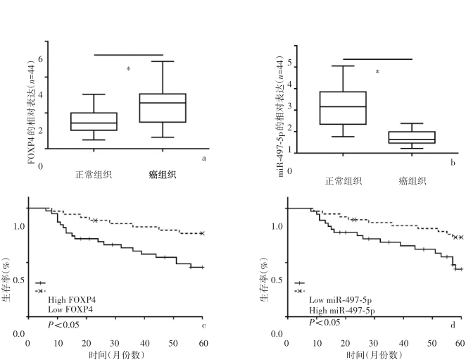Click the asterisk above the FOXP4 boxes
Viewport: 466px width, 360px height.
coord(128,69)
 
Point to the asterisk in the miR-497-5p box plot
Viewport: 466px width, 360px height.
coord(377,72)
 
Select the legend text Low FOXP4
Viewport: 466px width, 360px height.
coord(70,309)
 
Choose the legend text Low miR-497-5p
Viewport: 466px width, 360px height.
coord(340,300)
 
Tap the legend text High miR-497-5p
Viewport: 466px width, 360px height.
coord(342,310)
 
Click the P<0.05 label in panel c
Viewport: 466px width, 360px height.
coord(63,324)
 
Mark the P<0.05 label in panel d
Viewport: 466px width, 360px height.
coord(325,322)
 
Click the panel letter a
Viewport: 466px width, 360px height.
coord(203,159)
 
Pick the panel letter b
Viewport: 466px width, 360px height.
coord(453,163)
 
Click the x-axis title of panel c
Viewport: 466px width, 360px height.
coord(117,354)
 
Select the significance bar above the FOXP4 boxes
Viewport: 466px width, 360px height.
coord(129,55)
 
